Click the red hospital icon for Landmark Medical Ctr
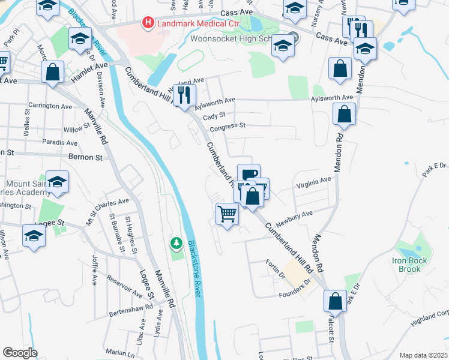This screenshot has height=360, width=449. tap(146, 23)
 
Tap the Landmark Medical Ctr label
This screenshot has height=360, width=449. tap(189, 23)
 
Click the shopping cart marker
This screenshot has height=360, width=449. tap(227, 212)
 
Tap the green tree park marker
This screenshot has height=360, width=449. tap(176, 243)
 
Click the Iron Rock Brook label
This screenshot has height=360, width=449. tap(412, 265)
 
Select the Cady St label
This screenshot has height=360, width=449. tap(214, 116)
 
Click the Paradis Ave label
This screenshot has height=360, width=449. tap(60, 143)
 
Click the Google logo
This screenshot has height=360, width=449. tap(20, 352)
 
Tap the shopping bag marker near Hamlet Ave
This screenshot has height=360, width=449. tap(53, 72)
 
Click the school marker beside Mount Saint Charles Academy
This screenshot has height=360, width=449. tap(57, 182)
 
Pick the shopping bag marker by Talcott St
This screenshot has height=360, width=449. tap(335, 301)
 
